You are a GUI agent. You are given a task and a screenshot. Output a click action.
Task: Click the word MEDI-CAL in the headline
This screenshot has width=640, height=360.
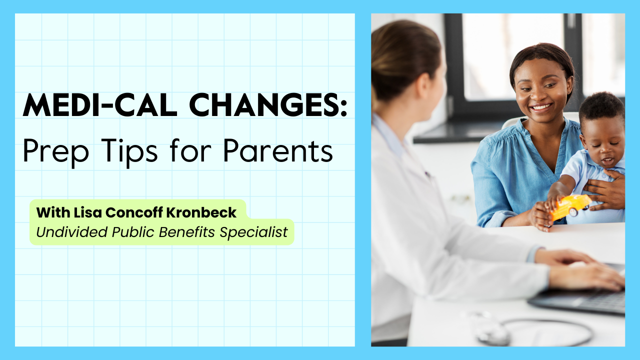point(100,105)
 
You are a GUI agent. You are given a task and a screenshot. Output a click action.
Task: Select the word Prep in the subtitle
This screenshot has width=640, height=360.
point(55,151)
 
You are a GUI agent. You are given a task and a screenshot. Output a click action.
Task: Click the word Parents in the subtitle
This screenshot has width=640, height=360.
point(278,150)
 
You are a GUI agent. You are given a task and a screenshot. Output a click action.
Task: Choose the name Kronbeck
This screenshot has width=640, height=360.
point(201,212)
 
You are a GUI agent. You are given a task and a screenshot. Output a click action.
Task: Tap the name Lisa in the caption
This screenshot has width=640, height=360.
point(87,212)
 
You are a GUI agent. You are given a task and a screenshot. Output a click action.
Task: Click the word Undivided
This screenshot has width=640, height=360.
point(72,232)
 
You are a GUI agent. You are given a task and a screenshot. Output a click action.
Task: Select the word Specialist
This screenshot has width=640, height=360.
point(253,232)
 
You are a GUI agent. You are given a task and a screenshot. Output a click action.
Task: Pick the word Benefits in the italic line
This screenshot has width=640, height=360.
point(187,232)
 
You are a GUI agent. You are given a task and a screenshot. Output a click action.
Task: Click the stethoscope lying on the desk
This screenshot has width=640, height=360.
point(531,331)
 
